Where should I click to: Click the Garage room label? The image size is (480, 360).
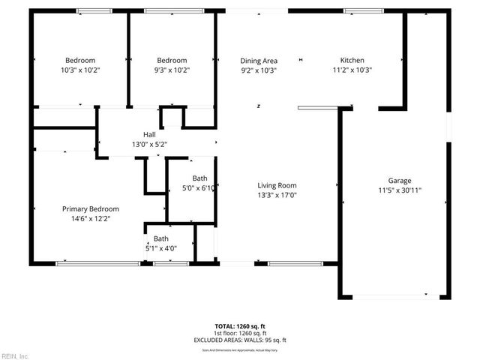pyautogui.click(x=399, y=181)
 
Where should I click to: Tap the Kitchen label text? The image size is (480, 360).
pyautogui.click(x=352, y=60)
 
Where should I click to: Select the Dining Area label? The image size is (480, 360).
pyautogui.click(x=259, y=60)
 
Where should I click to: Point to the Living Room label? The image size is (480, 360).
pyautogui.click(x=277, y=185)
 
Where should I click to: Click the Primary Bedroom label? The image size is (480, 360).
pyautogui.click(x=90, y=208)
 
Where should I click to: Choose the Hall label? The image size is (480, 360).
pyautogui.click(x=149, y=134)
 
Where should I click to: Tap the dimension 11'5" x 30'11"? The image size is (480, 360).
pyautogui.click(x=399, y=190)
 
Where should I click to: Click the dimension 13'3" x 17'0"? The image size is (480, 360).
pyautogui.click(x=277, y=195)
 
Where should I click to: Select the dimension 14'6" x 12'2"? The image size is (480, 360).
pyautogui.click(x=90, y=218)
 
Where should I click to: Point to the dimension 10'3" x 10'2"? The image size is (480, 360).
pyautogui.click(x=79, y=70)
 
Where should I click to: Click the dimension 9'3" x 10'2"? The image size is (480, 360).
pyautogui.click(x=172, y=70)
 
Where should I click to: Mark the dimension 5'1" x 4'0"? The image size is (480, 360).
pyautogui.click(x=161, y=247)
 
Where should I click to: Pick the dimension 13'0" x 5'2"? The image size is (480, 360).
pyautogui.click(x=149, y=144)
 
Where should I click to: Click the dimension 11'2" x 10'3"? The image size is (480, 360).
pyautogui.click(x=352, y=70)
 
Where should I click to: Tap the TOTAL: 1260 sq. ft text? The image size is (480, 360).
pyautogui.click(x=240, y=326)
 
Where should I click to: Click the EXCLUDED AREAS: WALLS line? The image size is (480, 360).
pyautogui.click(x=240, y=340)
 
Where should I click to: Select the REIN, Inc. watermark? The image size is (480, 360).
pyautogui.click(x=15, y=356)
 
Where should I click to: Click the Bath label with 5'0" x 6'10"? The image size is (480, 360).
pyautogui.click(x=199, y=178)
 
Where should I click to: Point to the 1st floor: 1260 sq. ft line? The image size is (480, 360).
pyautogui.click(x=240, y=333)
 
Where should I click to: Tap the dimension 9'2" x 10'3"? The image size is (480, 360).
pyautogui.click(x=259, y=70)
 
